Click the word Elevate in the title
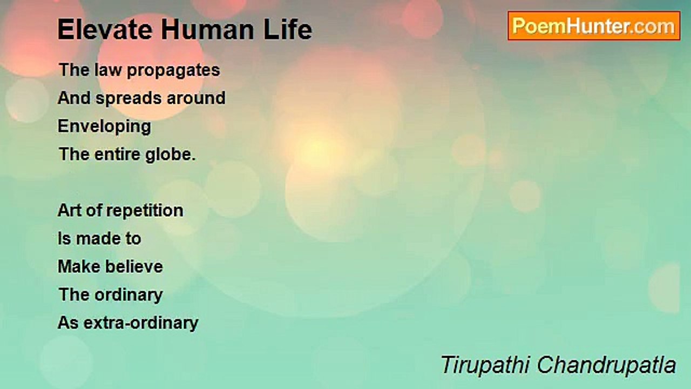(x=105, y=30)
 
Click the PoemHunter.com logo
(x=594, y=26)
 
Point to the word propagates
(x=173, y=71)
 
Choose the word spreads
(x=128, y=99)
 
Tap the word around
(x=196, y=98)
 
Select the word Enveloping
(x=104, y=127)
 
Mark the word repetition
(x=145, y=211)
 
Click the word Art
(x=70, y=210)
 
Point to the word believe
(x=134, y=266)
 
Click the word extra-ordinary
(x=141, y=324)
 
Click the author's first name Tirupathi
(x=485, y=366)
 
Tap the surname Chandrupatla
(x=607, y=365)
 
